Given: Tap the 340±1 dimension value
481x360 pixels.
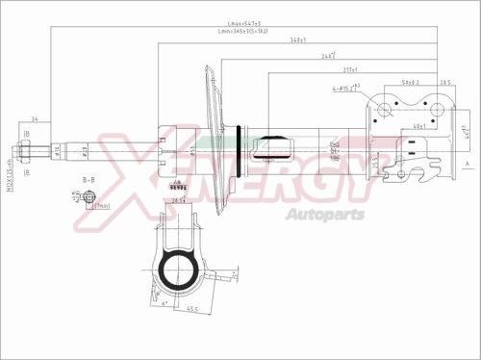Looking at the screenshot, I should [298, 40].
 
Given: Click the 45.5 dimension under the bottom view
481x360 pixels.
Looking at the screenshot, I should [193, 310].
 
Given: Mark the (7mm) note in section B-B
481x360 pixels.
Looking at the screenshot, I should [103, 206].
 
